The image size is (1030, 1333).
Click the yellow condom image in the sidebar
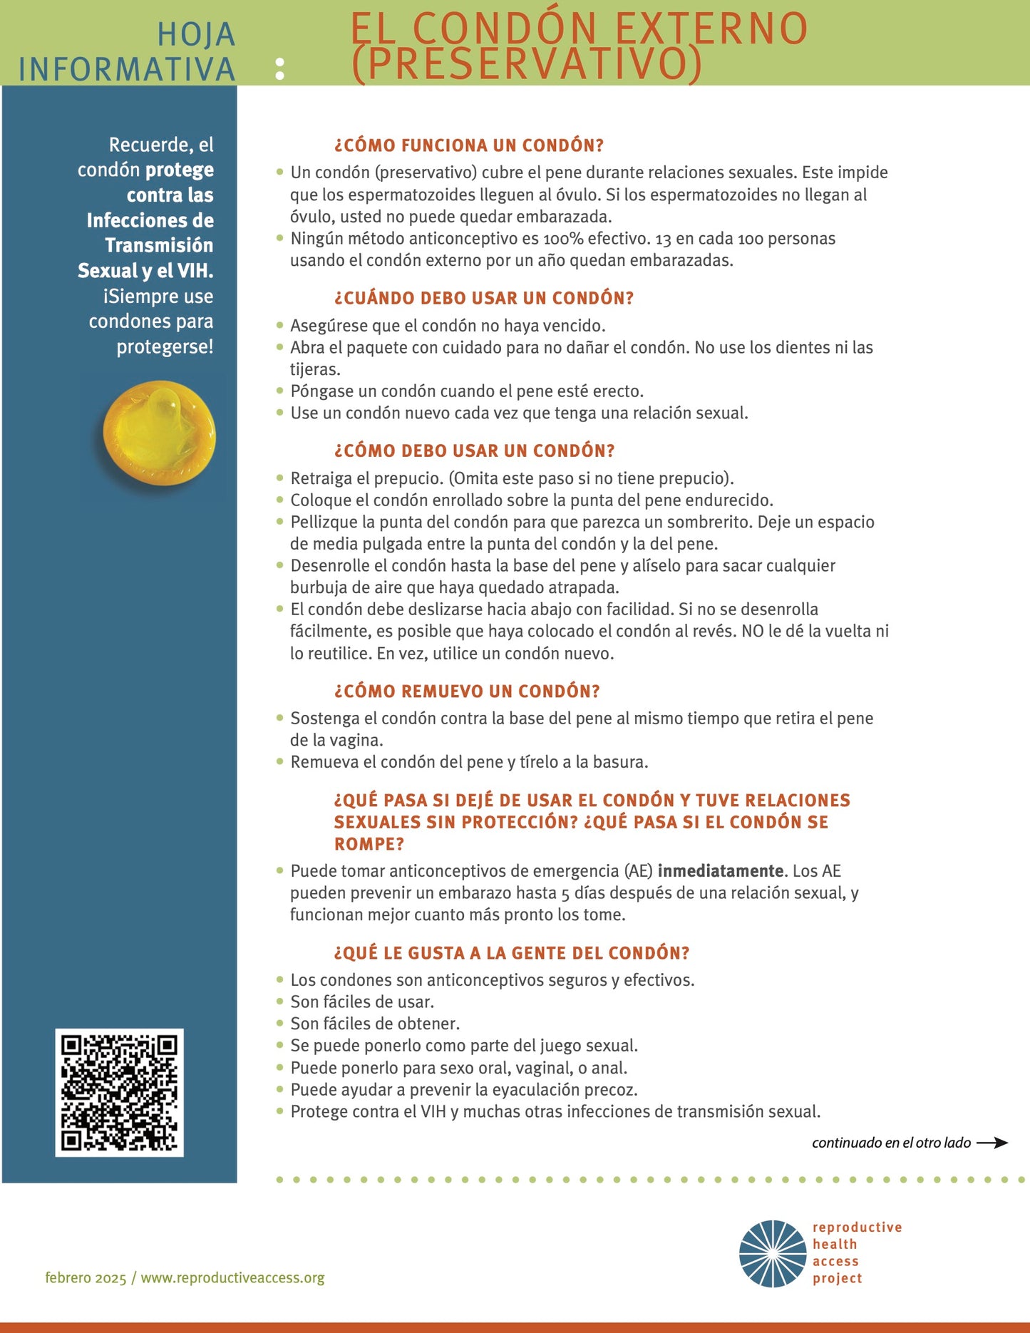(159, 433)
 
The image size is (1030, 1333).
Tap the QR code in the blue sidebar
(119, 1092)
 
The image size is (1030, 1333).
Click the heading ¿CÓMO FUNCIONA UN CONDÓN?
(469, 145)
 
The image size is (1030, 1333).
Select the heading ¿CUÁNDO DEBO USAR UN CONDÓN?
(484, 298)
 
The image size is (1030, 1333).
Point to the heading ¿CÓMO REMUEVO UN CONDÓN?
(467, 691)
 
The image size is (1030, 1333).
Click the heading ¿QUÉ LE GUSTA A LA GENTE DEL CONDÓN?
(512, 953)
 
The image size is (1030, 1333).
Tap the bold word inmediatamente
(720, 871)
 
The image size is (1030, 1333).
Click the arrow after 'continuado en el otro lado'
(992, 1143)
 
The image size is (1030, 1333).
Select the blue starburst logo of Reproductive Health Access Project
(773, 1254)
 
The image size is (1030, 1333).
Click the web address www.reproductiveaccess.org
(232, 1278)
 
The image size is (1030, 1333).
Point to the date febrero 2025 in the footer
(86, 1278)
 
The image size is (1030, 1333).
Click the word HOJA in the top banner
(196, 34)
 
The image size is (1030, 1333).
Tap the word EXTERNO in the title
(711, 29)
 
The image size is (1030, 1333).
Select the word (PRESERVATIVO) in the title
(527, 64)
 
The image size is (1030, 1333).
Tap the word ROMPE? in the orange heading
(369, 844)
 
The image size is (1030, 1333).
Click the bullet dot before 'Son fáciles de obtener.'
(280, 1023)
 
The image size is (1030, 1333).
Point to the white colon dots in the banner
(280, 68)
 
